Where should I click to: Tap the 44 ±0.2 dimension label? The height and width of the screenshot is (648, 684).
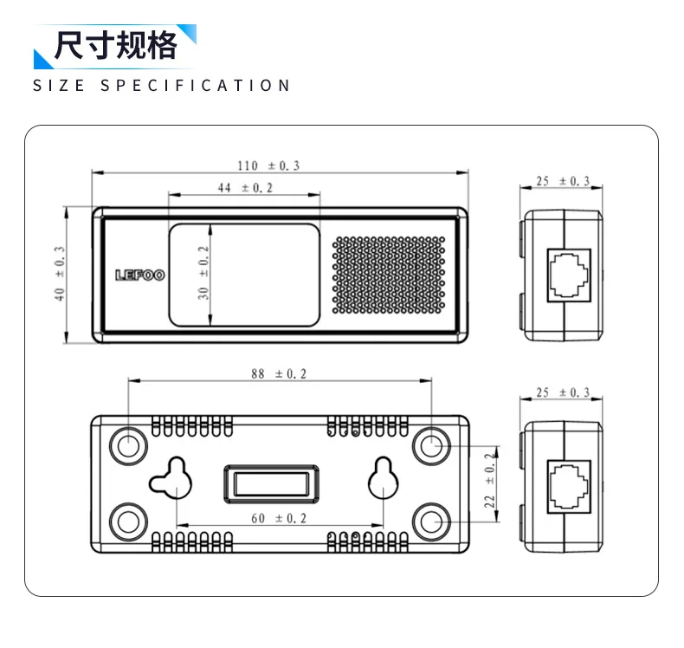point(244,188)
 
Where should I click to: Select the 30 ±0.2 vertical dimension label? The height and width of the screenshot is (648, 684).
point(204,273)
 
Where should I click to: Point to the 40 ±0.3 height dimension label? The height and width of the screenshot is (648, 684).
point(60,274)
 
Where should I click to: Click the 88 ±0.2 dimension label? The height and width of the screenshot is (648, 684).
point(279,374)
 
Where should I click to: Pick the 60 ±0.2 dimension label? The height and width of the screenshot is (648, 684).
point(279,518)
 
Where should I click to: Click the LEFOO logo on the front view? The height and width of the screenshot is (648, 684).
point(139,275)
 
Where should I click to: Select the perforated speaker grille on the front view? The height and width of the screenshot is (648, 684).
point(389,275)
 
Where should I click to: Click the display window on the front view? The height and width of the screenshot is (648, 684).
point(245,274)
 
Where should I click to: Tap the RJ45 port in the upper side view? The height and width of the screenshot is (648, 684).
point(571,275)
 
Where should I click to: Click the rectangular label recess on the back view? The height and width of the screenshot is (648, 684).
point(272,483)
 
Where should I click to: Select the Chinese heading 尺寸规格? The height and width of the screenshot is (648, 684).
point(115,45)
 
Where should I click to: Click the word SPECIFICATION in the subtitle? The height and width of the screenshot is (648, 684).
point(196,86)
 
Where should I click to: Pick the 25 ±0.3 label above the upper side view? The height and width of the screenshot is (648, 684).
point(563,181)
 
